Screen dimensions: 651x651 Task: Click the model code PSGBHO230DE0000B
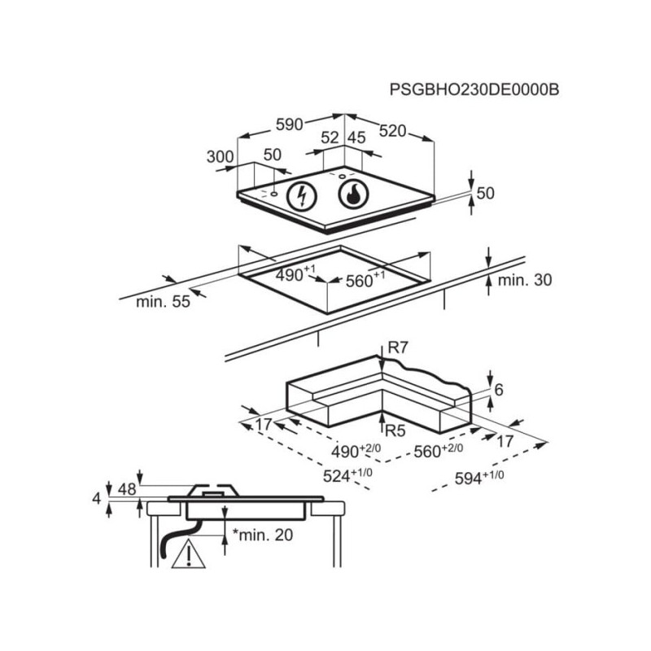point(474,89)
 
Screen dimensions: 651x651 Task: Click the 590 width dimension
point(289,124)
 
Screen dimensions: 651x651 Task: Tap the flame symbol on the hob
point(352,194)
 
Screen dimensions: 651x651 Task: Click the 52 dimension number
point(329,138)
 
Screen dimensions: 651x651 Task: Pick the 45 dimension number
point(356,138)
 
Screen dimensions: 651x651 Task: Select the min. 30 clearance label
point(525,280)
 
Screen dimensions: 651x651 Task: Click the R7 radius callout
point(397,347)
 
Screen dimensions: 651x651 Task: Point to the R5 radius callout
point(395,429)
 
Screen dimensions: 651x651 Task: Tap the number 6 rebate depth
point(499,390)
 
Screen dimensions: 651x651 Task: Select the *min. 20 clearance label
point(262,535)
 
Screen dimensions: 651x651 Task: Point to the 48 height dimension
point(127,489)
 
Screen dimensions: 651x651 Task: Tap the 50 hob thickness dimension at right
point(486,193)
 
